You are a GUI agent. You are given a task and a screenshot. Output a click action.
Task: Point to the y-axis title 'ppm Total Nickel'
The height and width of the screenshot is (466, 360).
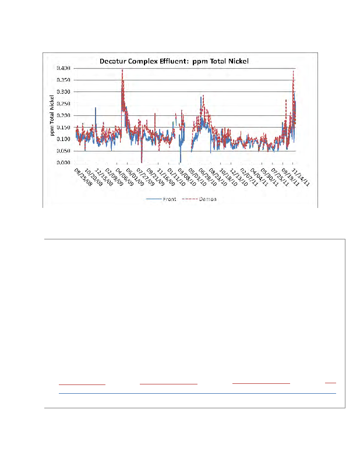pyautogui.click(x=52, y=116)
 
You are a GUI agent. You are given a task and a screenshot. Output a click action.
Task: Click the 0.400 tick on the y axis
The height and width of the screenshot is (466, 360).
pyautogui.click(x=63, y=68)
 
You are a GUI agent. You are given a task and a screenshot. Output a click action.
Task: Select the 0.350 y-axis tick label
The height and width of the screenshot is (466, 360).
pyautogui.click(x=63, y=80)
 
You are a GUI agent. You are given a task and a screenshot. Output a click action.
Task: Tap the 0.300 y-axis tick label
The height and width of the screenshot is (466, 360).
pyautogui.click(x=63, y=92)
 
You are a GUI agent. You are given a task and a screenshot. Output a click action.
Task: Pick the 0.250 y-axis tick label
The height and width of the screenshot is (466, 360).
pyautogui.click(x=63, y=104)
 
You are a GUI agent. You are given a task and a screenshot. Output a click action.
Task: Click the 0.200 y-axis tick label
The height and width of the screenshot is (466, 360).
pyautogui.click(x=63, y=116)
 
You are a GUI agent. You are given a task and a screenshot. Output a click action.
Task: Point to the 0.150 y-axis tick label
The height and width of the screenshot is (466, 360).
pyautogui.click(x=63, y=128)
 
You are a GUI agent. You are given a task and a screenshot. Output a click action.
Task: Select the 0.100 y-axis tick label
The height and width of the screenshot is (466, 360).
pyautogui.click(x=63, y=139)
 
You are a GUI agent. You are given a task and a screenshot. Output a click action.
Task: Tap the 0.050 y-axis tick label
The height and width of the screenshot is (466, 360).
pyautogui.click(x=63, y=151)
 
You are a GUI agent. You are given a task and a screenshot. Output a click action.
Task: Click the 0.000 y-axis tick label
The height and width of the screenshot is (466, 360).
pyautogui.click(x=63, y=163)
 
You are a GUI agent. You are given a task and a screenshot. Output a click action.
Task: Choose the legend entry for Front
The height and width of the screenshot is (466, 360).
pyautogui.click(x=161, y=199)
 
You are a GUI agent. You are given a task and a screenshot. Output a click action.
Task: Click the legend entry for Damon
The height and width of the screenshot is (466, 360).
pyautogui.click(x=200, y=199)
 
